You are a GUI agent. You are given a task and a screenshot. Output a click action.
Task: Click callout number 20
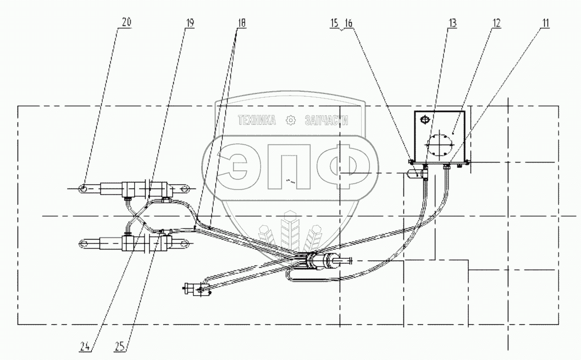[126, 23]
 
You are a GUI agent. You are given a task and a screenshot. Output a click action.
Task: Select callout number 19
[189, 23]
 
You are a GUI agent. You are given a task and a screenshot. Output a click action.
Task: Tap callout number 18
[242, 23]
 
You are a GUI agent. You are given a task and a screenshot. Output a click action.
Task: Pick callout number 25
[119, 346]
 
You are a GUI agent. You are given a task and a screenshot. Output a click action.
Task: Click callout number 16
[348, 23]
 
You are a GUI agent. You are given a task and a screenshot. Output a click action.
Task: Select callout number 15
[335, 23]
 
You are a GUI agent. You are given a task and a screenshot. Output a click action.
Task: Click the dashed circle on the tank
[439, 146]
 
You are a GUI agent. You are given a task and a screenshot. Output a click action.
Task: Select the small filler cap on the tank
[424, 120]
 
